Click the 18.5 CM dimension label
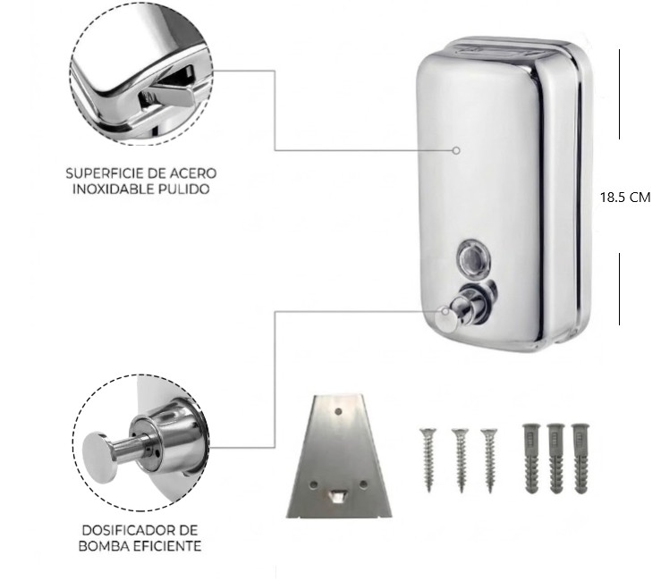(x=625, y=198)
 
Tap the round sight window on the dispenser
(x=474, y=257)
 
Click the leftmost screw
(x=428, y=460)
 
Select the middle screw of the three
(x=461, y=460)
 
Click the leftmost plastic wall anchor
(x=531, y=459)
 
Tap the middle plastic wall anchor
(x=556, y=459)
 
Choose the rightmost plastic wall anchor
(x=580, y=459)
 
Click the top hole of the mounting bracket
(x=338, y=411)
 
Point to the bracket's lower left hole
(x=313, y=485)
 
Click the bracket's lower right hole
(x=363, y=485)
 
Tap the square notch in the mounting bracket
(x=338, y=497)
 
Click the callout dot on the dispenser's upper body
(x=456, y=150)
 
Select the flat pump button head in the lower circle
(x=99, y=457)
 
